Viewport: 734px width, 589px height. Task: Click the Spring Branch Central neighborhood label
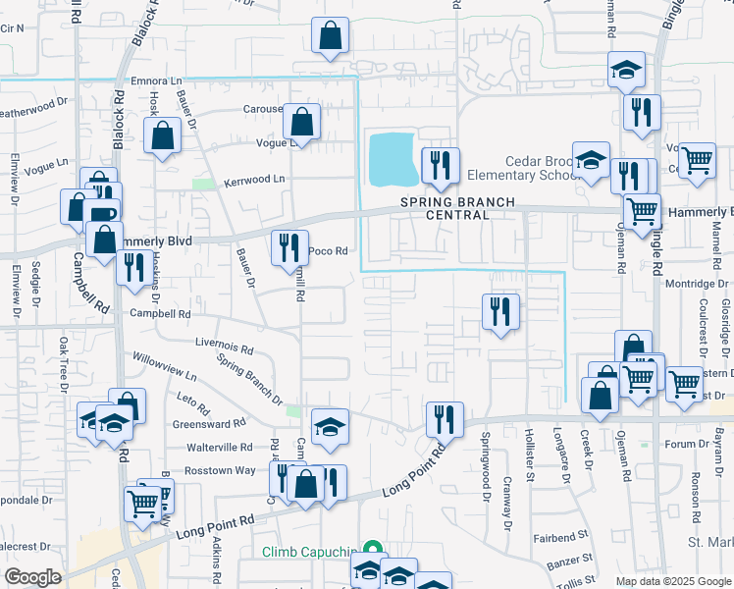point(456,208)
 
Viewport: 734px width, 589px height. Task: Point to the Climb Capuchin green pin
point(372,551)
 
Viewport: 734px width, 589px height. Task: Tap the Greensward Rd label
point(208,424)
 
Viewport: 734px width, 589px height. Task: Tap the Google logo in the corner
point(33,577)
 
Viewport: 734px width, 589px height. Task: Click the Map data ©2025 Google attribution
point(672,581)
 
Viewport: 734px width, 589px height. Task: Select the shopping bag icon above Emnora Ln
point(331,36)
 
